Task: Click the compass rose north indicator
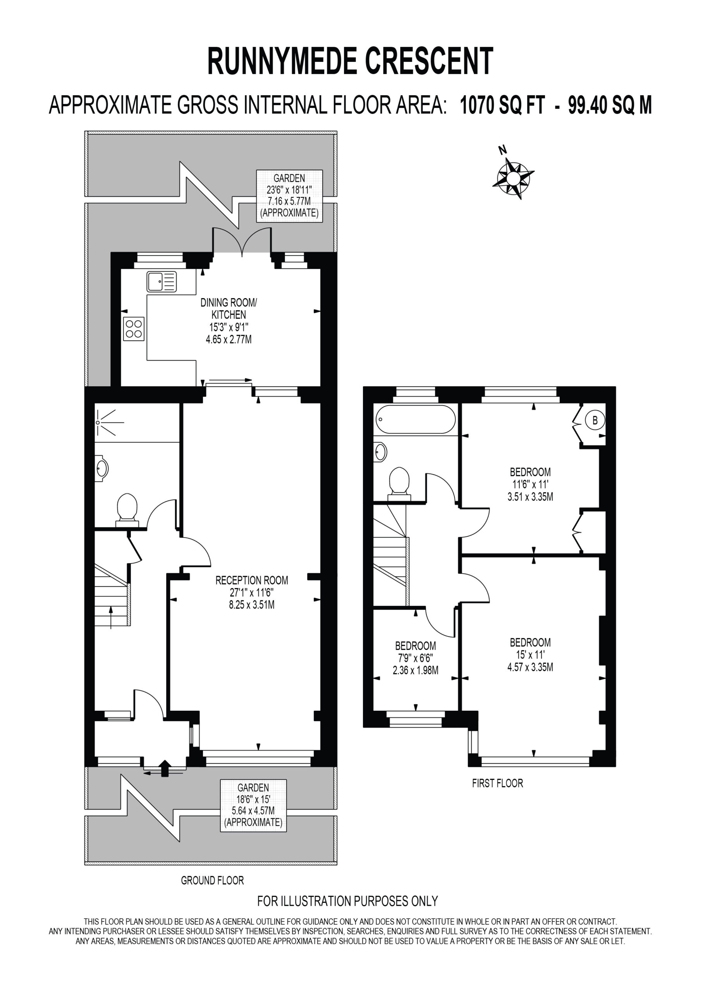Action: [513, 177]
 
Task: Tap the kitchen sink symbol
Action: [162, 282]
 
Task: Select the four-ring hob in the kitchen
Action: [134, 329]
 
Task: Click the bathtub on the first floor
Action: [416, 419]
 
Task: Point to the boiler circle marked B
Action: [595, 420]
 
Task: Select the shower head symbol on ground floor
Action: [108, 422]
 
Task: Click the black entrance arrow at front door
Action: [165, 769]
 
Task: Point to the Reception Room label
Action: [252, 580]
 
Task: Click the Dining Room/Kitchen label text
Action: [229, 309]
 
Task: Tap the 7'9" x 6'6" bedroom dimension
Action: [415, 658]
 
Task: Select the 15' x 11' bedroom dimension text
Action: [530, 655]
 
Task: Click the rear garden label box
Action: [289, 195]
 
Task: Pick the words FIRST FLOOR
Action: [497, 784]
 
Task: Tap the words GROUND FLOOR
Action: [213, 881]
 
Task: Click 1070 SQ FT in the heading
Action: [502, 105]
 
